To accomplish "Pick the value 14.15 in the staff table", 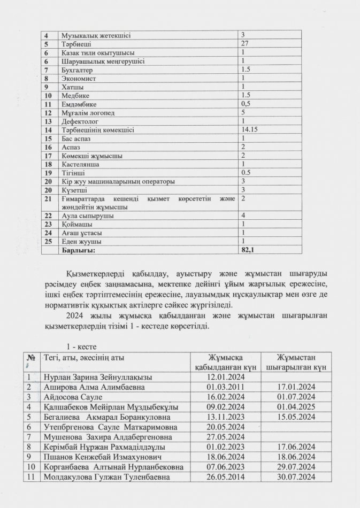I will click(x=250, y=129).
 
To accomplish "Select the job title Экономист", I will click(x=76, y=78).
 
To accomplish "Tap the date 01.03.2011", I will click(x=225, y=387).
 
